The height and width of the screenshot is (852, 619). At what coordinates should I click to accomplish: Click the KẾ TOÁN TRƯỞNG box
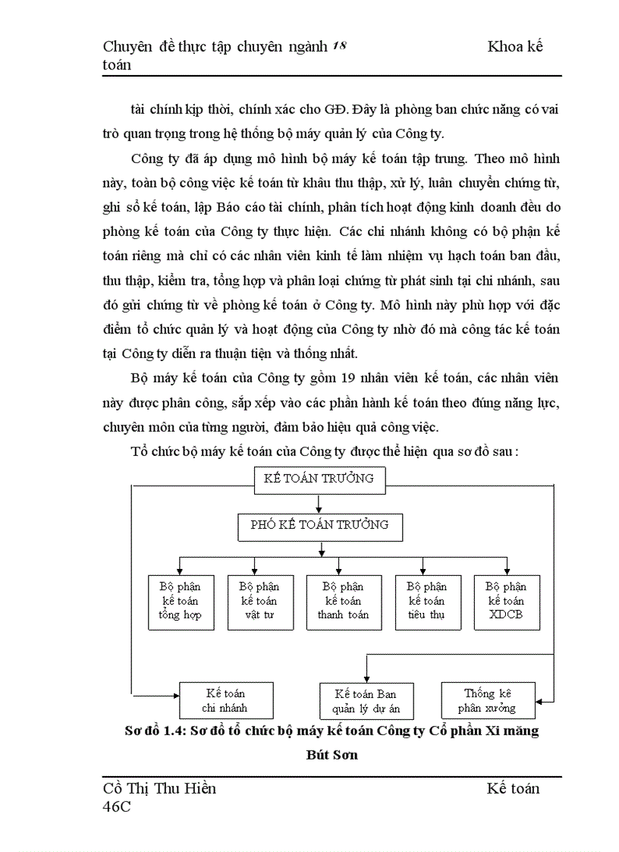(x=319, y=478)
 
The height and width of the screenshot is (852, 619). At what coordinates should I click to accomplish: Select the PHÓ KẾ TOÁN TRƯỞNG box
(x=319, y=524)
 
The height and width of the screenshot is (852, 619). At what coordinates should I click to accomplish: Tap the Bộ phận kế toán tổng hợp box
(x=180, y=601)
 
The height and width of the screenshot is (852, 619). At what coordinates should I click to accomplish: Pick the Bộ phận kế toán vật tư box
(x=259, y=601)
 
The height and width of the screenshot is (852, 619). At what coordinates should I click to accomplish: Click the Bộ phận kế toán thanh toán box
(x=343, y=601)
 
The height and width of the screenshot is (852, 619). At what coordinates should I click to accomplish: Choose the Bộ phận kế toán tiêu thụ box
(x=426, y=601)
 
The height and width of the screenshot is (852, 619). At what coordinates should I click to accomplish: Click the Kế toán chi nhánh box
(x=225, y=700)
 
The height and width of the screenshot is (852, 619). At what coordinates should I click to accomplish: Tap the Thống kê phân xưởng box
(x=489, y=700)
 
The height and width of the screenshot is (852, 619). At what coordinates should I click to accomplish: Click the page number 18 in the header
(x=340, y=46)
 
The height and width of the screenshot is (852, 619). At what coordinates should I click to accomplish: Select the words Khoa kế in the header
(x=515, y=46)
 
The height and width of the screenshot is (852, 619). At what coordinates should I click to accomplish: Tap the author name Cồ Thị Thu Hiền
(x=159, y=788)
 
